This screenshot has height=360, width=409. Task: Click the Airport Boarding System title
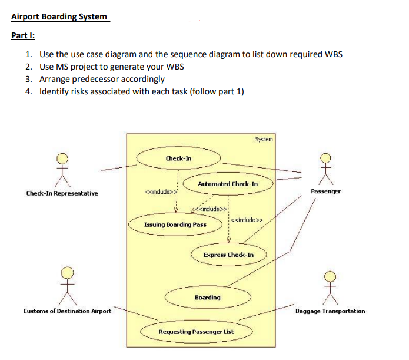point(59,16)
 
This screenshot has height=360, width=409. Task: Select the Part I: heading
point(23,35)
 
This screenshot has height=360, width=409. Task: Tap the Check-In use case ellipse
point(178,158)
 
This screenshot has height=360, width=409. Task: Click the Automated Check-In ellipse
point(228,184)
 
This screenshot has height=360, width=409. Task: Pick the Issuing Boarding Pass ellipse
point(175,224)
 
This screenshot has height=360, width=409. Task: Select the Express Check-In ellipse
point(228,255)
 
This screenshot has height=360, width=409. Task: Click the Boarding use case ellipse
point(207,297)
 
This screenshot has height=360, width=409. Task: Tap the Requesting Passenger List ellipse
point(196,332)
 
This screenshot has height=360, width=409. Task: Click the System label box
point(264,139)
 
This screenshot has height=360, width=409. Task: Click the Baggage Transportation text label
point(330,311)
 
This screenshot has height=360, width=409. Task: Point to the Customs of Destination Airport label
point(67,311)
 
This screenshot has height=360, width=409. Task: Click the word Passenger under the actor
point(325,191)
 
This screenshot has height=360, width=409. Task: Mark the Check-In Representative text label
point(62,193)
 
